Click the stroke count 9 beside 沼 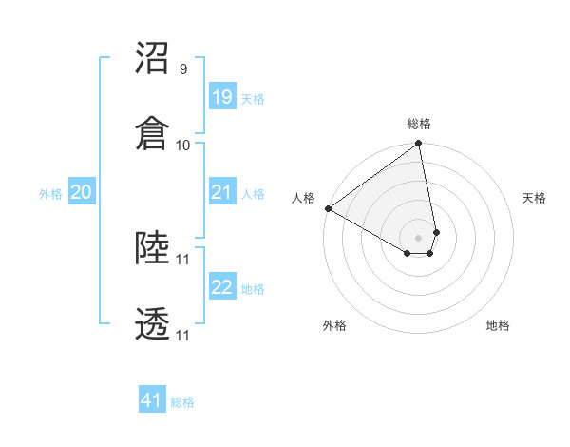tap(182, 69)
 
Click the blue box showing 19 tap(221, 96)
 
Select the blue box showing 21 tap(221, 192)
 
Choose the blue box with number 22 tap(221, 287)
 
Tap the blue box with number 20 tap(81, 192)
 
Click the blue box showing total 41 tap(152, 400)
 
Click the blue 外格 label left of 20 tap(50, 194)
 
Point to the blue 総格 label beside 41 tap(182, 402)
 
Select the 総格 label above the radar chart tap(419, 124)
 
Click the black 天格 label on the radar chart tap(535, 198)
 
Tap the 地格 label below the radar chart tap(498, 325)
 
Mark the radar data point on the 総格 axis tap(419, 145)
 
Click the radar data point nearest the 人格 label tap(328, 208)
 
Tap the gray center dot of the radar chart tap(419, 237)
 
